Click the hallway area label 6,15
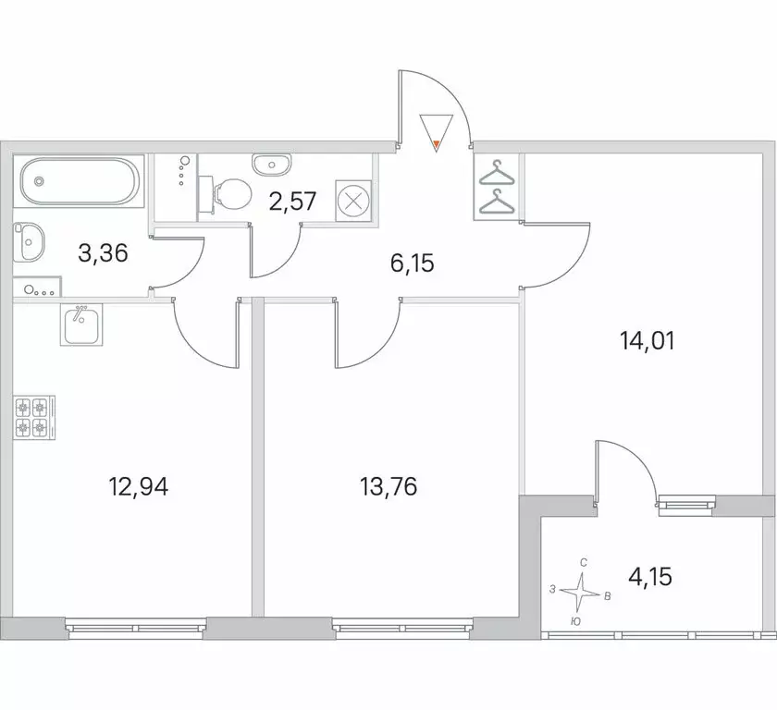pos(413,263)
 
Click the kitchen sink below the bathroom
pos(81,324)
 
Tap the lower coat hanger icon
pos(498,200)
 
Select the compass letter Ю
pos(575,623)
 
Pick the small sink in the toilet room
pos(271,164)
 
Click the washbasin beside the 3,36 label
pos(30,244)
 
